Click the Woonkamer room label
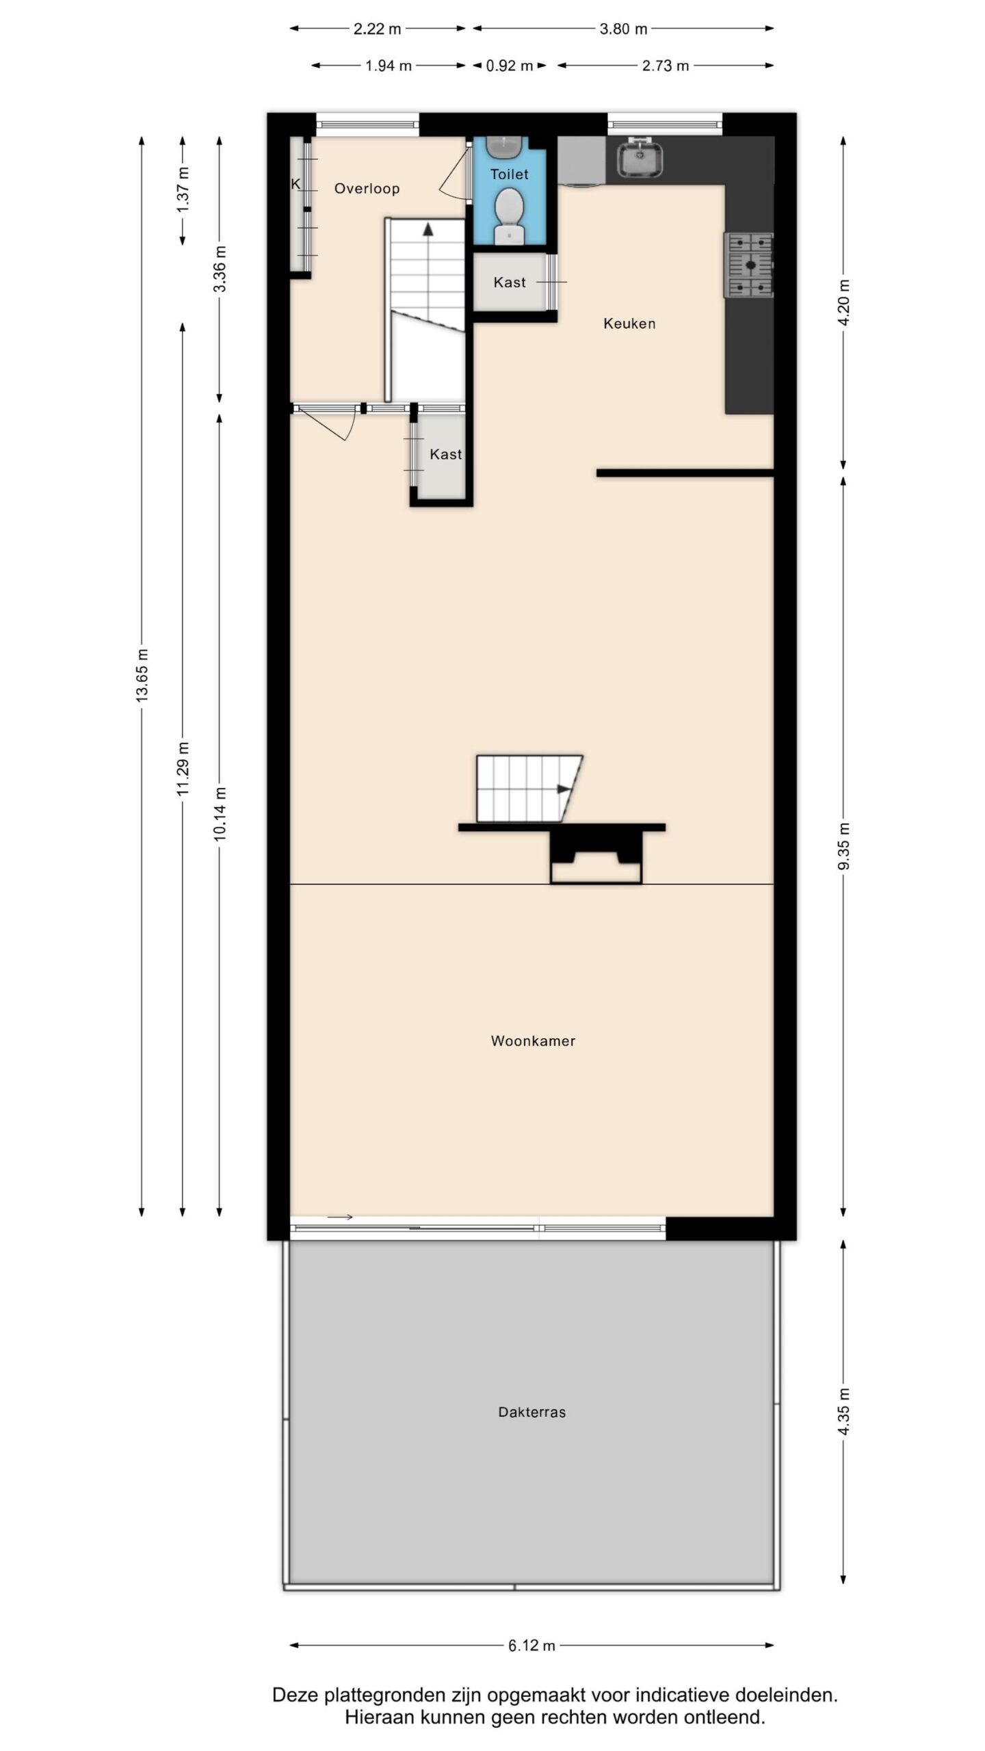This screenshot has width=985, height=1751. pyautogui.click(x=533, y=1040)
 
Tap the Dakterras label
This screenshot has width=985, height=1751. pyautogui.click(x=532, y=1412)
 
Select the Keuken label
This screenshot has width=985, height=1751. pyautogui.click(x=629, y=324)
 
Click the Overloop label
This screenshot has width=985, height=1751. pyautogui.click(x=367, y=189)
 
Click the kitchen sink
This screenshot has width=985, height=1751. pyautogui.click(x=641, y=158)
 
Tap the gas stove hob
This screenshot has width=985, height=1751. pyautogui.click(x=749, y=265)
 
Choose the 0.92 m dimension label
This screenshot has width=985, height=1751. pyautogui.click(x=510, y=66)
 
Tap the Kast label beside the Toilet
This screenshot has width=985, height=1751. pyautogui.click(x=510, y=282)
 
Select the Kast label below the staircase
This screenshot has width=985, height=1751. pyautogui.click(x=446, y=454)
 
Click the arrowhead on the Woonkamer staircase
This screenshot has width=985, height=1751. pyautogui.click(x=564, y=789)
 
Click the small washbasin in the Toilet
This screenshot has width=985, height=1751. pyautogui.click(x=505, y=146)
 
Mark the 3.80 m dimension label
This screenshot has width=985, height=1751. pyautogui.click(x=623, y=29)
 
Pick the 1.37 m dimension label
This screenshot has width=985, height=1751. pyautogui.click(x=183, y=189)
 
